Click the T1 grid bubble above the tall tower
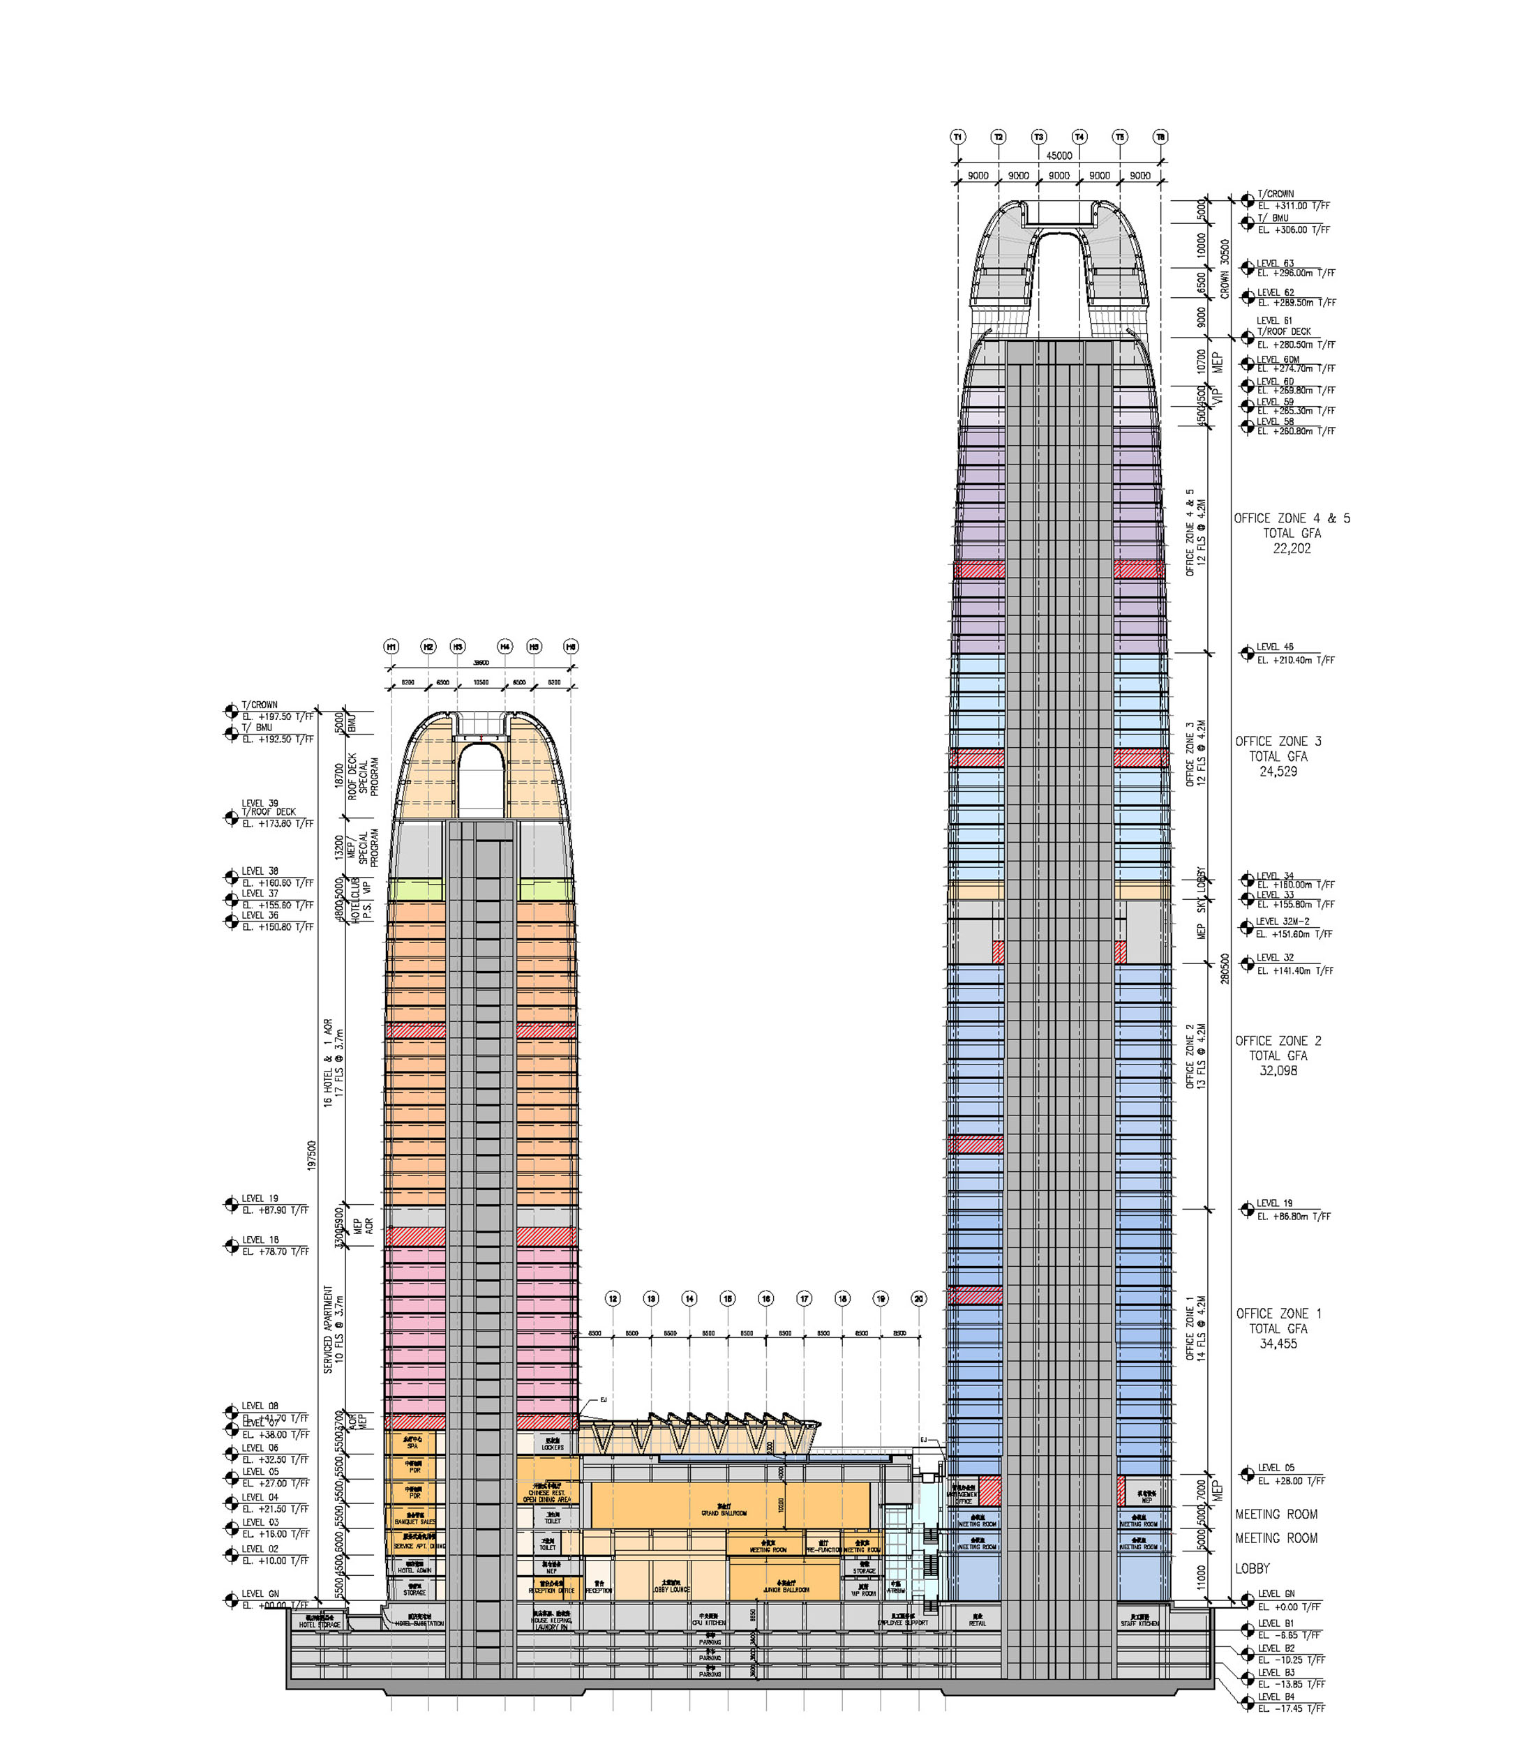coord(958,137)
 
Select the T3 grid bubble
coord(1039,137)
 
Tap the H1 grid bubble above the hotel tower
coord(392,647)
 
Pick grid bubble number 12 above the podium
coord(613,1299)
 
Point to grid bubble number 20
coord(918,1299)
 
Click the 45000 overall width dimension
coord(1059,156)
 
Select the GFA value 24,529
coord(1278,772)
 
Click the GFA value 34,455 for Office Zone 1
coord(1278,1344)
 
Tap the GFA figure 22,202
coord(1292,548)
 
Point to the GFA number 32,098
coord(1278,1071)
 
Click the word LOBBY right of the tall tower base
coord(1253,1568)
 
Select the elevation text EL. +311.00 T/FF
coord(1293,206)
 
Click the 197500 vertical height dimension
coord(312,1155)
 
